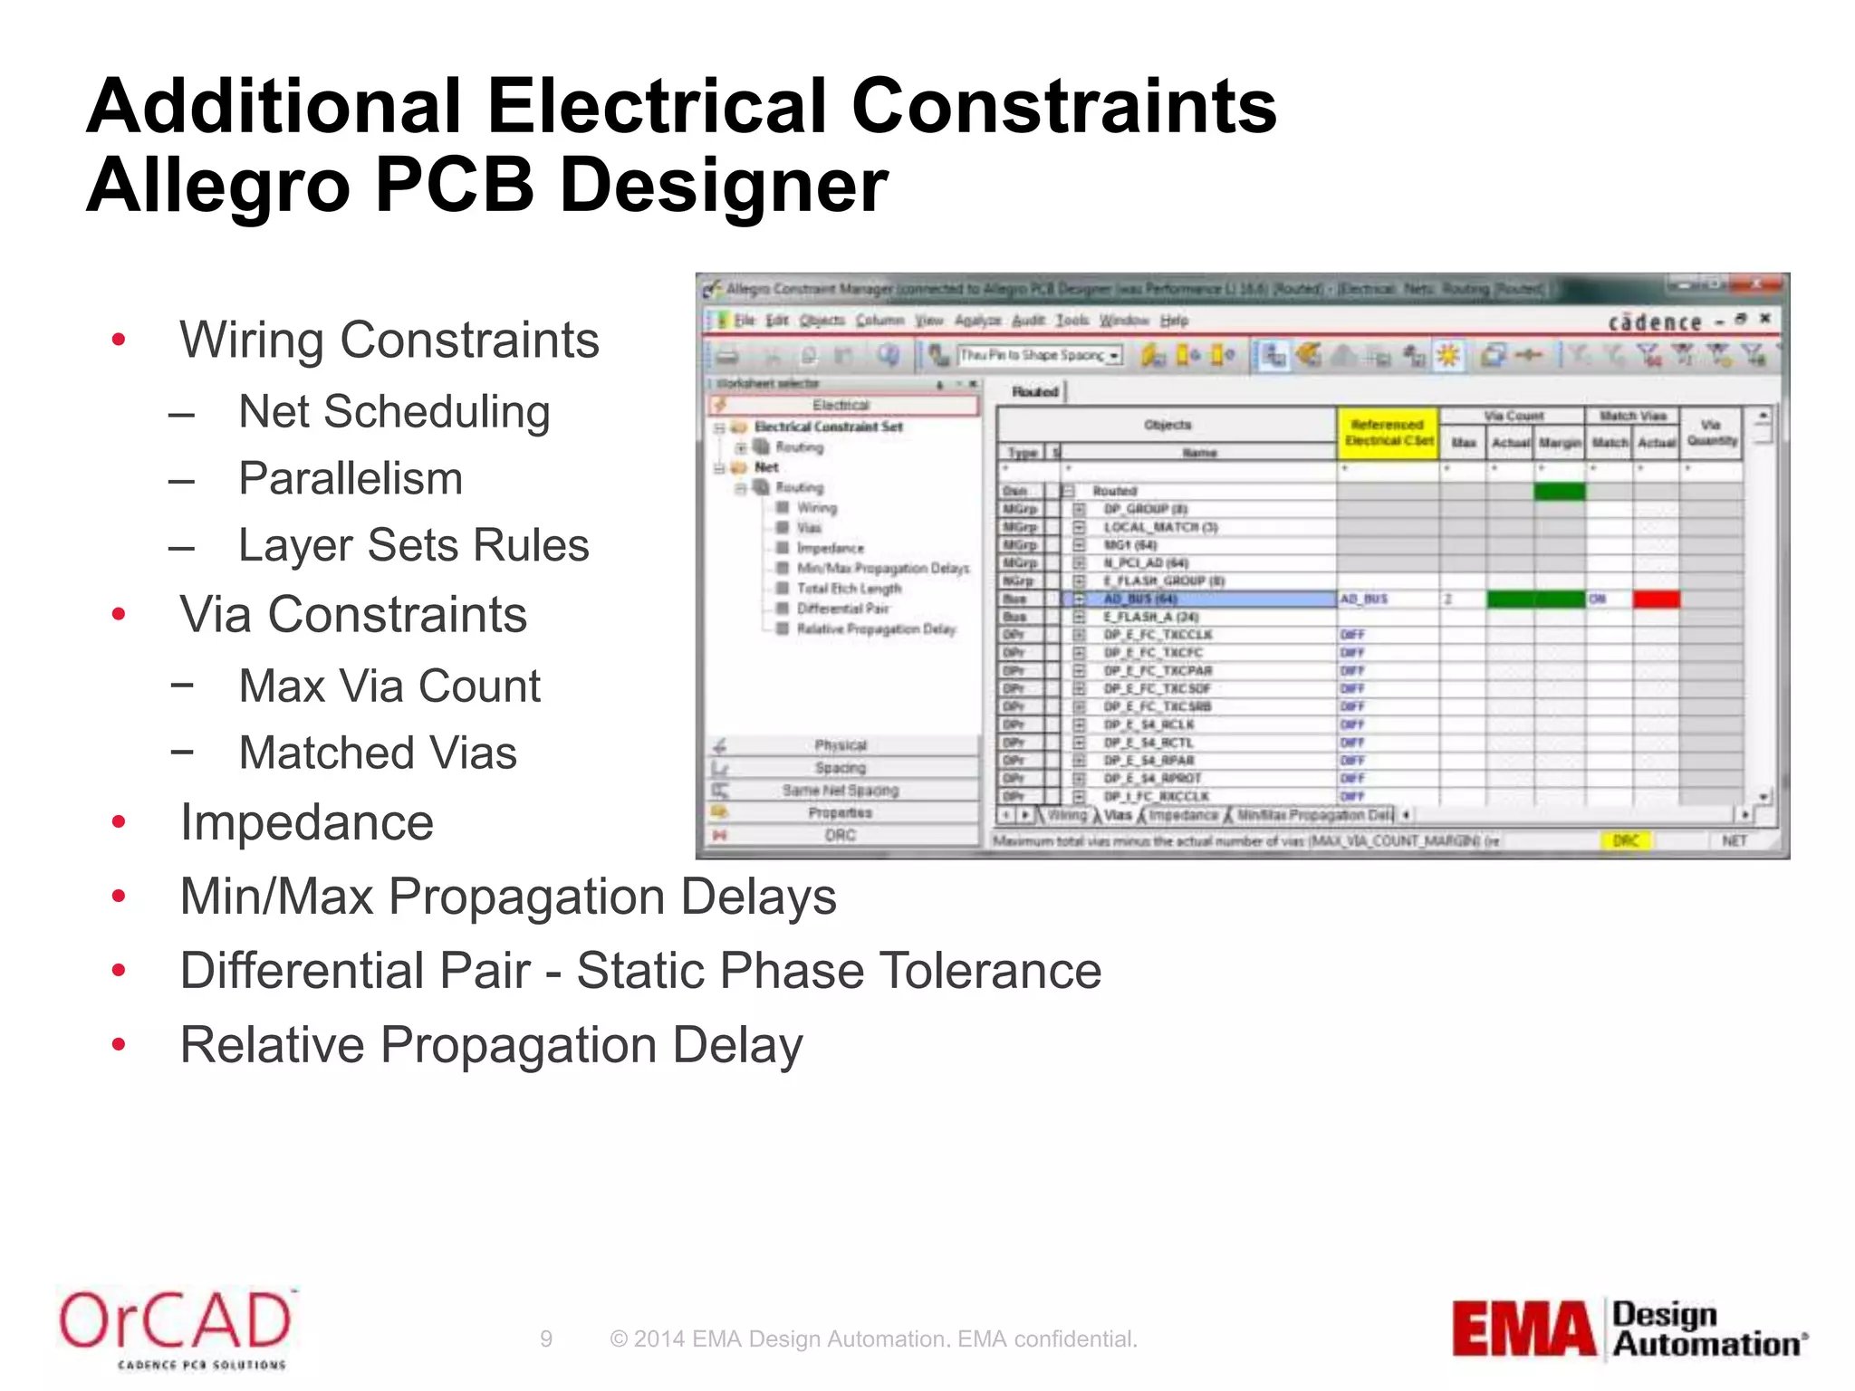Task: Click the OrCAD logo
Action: [176, 1326]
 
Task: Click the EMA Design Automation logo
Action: [1628, 1329]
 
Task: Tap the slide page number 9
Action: [545, 1338]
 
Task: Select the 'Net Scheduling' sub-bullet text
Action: [394, 412]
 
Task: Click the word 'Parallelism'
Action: [351, 479]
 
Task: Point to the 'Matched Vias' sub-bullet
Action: [378, 753]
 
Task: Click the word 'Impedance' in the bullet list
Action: [307, 822]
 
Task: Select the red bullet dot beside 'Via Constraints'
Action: [119, 615]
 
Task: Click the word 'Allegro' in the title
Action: [218, 185]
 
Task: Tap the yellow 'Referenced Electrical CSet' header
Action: [1388, 433]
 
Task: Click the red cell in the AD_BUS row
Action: [1656, 599]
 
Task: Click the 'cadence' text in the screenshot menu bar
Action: [1654, 322]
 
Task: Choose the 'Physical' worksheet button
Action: [841, 745]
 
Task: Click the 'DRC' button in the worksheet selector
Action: [841, 835]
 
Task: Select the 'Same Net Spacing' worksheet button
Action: [841, 791]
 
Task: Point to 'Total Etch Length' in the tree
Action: [849, 589]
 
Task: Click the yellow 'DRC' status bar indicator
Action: [1625, 841]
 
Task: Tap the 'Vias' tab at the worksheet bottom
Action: [1118, 815]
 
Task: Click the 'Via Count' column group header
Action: [1513, 416]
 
